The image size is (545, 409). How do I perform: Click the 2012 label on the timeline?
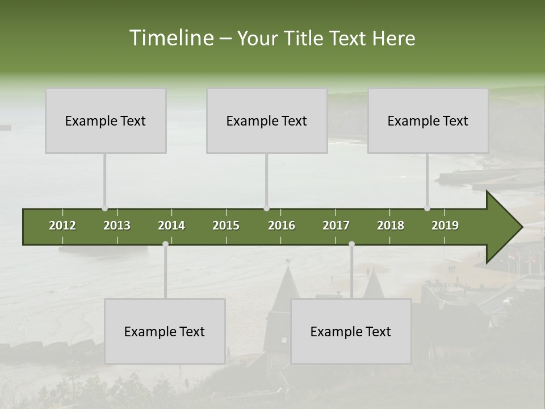click(62, 226)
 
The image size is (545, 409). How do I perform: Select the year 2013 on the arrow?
click(117, 226)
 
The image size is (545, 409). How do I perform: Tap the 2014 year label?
click(171, 226)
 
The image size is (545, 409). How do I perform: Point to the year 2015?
click(226, 226)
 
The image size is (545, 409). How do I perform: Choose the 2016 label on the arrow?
click(282, 226)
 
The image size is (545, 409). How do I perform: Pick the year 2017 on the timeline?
click(336, 226)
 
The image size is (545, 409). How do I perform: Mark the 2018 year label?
click(391, 226)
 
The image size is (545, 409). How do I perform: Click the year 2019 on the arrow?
click(445, 226)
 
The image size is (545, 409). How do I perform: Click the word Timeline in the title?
click(171, 38)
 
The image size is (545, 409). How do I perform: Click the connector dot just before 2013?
click(104, 208)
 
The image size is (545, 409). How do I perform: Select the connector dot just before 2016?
click(267, 208)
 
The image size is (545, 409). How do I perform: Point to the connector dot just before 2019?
click(427, 208)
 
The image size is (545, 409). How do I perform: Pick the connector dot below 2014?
click(165, 244)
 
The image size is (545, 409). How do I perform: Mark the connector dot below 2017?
click(351, 244)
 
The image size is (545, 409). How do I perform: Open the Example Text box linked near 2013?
click(106, 121)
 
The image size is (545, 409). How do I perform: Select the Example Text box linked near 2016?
click(267, 121)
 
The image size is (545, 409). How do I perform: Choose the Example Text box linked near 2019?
click(428, 121)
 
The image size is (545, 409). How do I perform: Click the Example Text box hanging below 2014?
click(165, 331)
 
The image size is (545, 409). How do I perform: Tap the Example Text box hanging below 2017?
click(351, 331)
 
